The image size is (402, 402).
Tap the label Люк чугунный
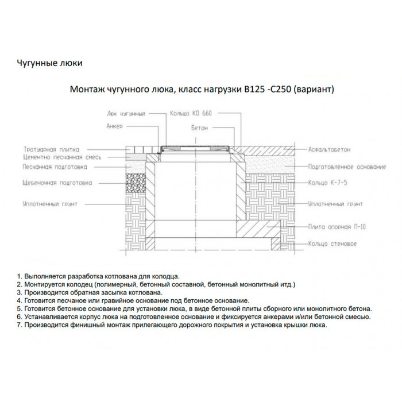coord(126,114)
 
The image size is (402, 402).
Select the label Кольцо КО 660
coord(191,114)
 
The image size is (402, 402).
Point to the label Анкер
coord(115,125)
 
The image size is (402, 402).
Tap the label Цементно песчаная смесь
coord(62,157)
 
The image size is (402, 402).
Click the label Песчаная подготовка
coord(55,168)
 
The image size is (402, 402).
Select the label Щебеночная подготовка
coord(57,184)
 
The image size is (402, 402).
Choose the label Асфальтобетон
coord(329,149)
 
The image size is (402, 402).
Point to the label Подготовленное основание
coord(346,167)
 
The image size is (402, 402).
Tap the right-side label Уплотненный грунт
coord(335,204)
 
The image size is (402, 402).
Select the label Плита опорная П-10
coord(337,227)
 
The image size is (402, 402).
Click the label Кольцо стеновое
coord(332,243)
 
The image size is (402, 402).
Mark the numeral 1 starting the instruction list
coord(19,276)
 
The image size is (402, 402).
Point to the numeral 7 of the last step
coord(19,324)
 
